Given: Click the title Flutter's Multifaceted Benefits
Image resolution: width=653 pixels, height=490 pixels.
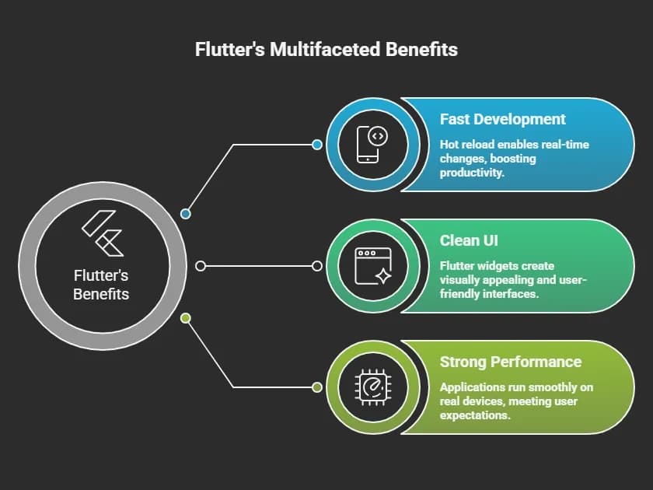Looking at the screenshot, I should tap(326, 50).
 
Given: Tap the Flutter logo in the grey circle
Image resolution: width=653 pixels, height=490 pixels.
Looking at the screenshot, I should tap(102, 233).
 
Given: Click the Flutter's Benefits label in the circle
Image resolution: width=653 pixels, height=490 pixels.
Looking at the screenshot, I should tap(101, 285).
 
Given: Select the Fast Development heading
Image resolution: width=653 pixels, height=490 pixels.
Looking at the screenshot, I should tap(502, 119).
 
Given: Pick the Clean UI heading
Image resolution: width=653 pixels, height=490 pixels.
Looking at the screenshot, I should tap(470, 240).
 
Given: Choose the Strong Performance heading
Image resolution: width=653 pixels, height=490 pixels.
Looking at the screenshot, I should tap(510, 362).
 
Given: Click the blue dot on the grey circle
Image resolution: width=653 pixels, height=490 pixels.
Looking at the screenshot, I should tap(185, 213).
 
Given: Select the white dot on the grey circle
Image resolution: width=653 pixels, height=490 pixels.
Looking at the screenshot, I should tap(201, 266).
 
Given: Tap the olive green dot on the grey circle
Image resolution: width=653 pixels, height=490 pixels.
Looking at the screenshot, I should tap(185, 318).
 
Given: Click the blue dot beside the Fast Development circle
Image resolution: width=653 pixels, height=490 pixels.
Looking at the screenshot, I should tap(317, 145).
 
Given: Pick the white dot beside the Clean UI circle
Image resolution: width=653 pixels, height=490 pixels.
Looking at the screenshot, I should tap(317, 266).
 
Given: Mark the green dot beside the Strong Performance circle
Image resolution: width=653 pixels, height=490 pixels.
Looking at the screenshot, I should tap(317, 387).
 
